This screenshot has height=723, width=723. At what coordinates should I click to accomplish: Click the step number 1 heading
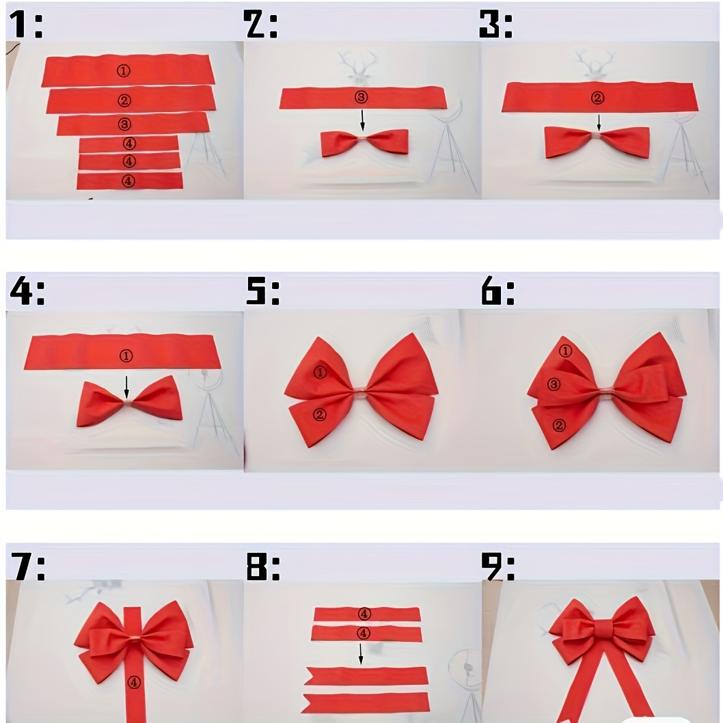pos(26,25)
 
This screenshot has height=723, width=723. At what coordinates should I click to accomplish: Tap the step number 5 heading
pos(263,291)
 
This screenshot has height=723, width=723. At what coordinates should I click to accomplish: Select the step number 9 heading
pos(497,567)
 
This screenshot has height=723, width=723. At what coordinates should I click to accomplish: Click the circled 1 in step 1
pos(123,70)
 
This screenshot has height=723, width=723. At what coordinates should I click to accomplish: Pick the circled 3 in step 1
pos(124,124)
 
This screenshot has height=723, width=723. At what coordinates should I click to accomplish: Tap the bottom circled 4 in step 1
pos(128,181)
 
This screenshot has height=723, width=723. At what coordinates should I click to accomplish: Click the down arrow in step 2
pos(362,120)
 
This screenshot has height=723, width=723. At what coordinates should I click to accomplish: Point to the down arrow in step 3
pos(599,123)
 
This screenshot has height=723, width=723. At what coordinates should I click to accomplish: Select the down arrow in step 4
pos(127,387)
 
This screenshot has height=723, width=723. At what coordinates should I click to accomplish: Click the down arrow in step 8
pos(361,653)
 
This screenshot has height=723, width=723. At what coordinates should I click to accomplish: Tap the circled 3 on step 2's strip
pos(361,97)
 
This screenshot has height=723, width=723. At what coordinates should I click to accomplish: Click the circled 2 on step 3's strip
pos(597,98)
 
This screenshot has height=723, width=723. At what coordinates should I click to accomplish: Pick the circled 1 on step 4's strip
pos(126,355)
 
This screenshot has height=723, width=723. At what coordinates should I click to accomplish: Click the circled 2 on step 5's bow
pos(319,415)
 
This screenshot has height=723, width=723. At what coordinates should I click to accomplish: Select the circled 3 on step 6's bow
pos(554,384)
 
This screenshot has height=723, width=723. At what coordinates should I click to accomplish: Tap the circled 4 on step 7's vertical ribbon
pos(134,682)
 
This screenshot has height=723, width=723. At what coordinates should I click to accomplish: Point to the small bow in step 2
pos(364,142)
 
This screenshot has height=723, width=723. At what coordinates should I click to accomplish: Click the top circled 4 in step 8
pos(364,614)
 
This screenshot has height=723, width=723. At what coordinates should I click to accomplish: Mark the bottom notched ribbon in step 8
pos(366,703)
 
